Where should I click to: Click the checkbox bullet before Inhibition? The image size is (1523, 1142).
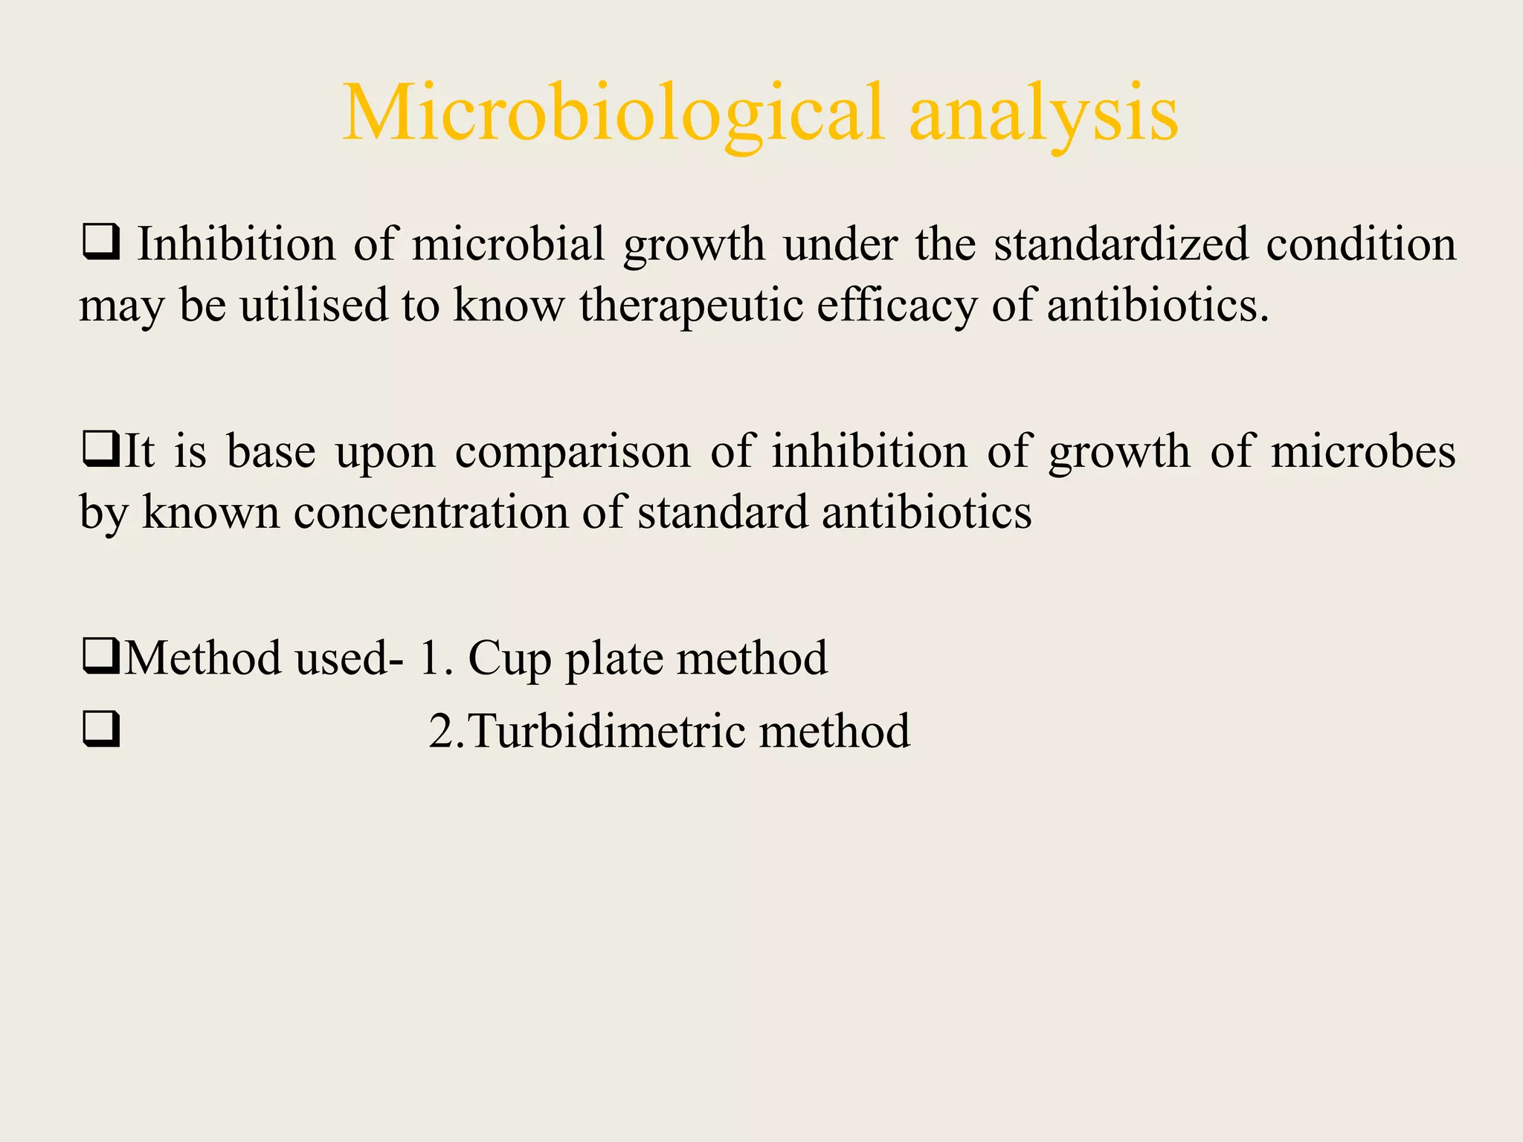point(101,243)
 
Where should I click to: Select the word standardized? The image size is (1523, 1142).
point(1121,244)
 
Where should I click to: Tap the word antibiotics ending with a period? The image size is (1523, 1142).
point(1157,305)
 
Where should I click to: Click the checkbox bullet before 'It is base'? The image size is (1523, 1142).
point(101,451)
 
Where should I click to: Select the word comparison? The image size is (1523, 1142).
point(573,452)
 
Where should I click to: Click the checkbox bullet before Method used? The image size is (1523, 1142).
point(101,657)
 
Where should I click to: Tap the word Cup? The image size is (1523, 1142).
point(509,659)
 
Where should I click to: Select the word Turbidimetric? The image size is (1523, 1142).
point(607,731)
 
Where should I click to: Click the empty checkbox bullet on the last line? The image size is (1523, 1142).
point(101,729)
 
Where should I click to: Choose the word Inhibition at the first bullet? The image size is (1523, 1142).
point(236,244)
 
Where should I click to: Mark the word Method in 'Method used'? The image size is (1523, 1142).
point(202,658)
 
